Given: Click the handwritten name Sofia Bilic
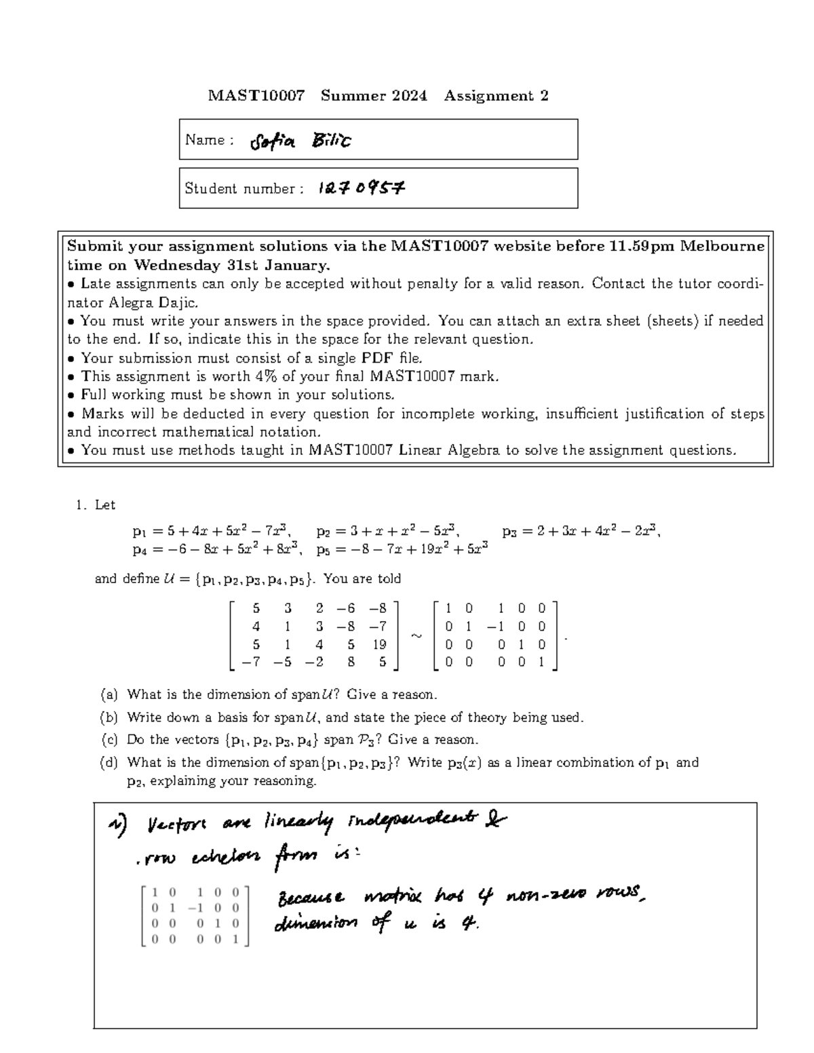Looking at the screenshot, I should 301,141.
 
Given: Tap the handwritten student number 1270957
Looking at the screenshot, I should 361,188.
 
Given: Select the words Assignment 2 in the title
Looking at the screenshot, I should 496,96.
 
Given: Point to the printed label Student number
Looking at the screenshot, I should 239,188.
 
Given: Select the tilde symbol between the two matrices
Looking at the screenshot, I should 416,635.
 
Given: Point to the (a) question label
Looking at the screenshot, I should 109,694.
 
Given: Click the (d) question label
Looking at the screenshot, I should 109,762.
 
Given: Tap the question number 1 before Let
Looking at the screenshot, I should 81,504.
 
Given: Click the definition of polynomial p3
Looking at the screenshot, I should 581,531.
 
